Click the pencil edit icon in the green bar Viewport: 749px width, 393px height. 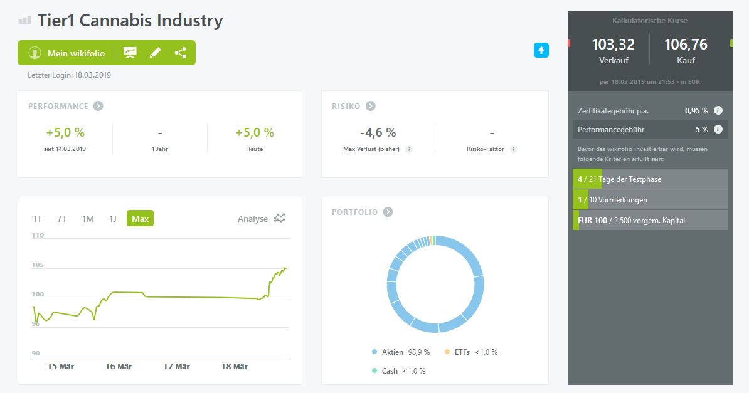155,53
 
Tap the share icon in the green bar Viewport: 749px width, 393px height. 180,53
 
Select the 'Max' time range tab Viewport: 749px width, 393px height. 140,219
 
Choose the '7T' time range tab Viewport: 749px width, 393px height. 62,219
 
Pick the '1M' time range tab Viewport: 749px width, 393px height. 88,219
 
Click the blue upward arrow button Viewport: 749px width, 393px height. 541,50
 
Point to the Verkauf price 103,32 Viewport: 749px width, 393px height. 614,45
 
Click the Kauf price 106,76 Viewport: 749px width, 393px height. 686,45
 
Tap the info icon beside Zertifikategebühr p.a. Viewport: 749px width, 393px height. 718,110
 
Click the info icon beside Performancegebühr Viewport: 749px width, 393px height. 718,129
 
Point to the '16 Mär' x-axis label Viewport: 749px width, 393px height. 119,367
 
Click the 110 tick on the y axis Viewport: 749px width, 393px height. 38,236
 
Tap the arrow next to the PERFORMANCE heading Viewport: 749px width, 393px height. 98,106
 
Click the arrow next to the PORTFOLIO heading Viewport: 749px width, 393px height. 388,212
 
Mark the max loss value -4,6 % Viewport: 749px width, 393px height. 378,133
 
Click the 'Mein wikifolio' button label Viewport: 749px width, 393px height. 76,53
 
